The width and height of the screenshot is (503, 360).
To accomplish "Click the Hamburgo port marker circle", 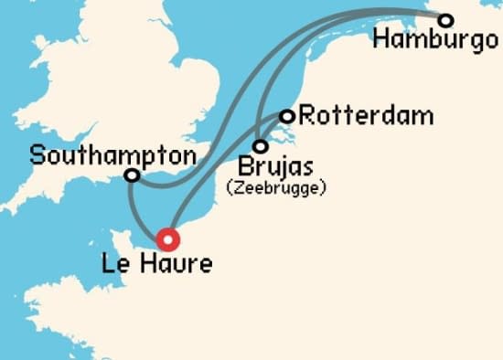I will pos(445,20).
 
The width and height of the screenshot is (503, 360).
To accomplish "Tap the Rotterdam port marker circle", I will pos(287,116).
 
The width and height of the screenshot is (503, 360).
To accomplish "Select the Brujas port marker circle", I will pos(262,146).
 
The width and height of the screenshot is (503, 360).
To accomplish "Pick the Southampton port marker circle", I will pos(133,175).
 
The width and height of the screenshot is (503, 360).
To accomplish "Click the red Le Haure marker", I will pos(168,239).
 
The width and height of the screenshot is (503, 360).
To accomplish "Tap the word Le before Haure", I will pos(118,267).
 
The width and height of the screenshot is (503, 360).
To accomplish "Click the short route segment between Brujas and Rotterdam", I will pos(274,131).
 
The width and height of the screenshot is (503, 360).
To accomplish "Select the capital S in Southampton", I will pos(37,154).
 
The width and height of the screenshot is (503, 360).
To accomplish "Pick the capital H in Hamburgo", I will pos(383,41).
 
